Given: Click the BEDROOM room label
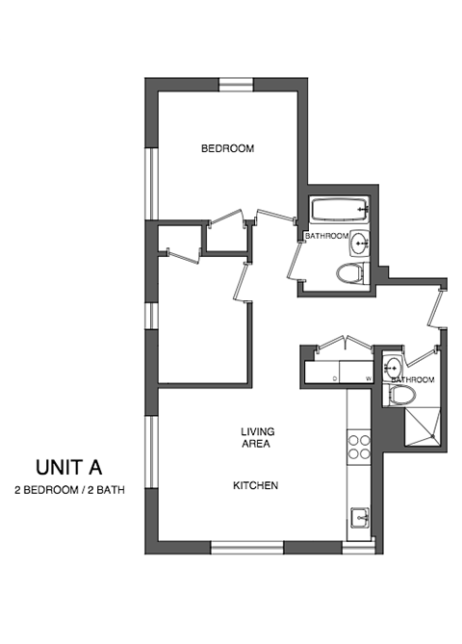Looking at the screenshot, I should click(x=227, y=148).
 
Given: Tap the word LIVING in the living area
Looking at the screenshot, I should click(x=255, y=432).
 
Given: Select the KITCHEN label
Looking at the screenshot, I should click(x=255, y=485).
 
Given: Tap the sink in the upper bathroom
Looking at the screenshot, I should click(x=358, y=242).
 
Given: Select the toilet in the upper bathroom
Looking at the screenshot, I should click(x=351, y=274).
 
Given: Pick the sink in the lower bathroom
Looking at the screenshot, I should click(x=392, y=367).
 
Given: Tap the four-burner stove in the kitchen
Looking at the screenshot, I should click(x=359, y=447).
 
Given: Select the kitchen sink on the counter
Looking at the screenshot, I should click(x=359, y=518).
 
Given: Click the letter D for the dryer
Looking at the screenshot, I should click(x=335, y=378).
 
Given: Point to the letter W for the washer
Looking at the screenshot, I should click(x=367, y=378).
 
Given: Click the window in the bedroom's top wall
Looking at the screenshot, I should click(x=235, y=85).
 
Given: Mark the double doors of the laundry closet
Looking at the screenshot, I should click(x=344, y=341).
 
